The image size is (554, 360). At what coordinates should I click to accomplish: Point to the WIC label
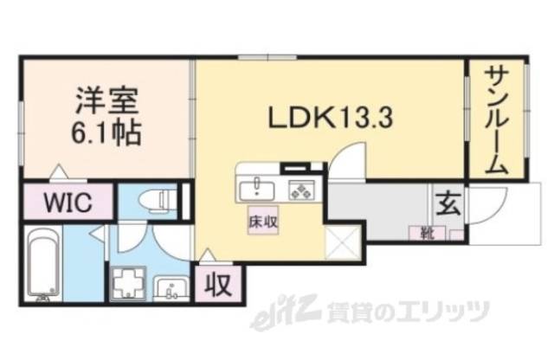[67, 205]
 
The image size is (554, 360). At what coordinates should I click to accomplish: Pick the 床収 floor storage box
[264, 222]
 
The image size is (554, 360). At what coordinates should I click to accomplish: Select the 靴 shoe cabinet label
[427, 232]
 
